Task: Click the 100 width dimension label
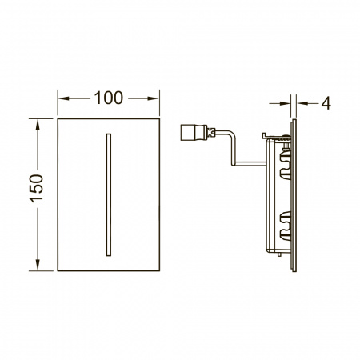click(x=109, y=98)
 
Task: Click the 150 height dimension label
click(x=36, y=189)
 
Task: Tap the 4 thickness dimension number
click(x=326, y=103)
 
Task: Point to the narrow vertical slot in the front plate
click(x=109, y=194)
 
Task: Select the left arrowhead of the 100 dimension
click(x=63, y=98)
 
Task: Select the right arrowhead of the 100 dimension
click(x=154, y=98)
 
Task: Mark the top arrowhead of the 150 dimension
click(x=38, y=125)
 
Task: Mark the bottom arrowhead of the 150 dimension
click(x=38, y=265)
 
